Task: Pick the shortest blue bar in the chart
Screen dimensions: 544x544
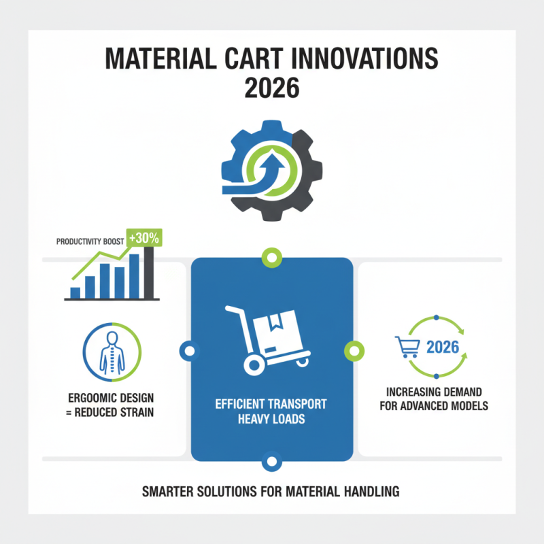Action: pyautogui.click(x=75, y=293)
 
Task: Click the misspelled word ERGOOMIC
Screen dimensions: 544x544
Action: pyautogui.click(x=86, y=397)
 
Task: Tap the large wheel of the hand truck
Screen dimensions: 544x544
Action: pyautogui.click(x=254, y=365)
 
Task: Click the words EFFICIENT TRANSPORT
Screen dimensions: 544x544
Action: pyautogui.click(x=272, y=404)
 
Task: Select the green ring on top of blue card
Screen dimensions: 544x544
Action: pyautogui.click(x=272, y=258)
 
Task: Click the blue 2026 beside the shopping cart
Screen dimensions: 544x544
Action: pyautogui.click(x=442, y=347)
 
